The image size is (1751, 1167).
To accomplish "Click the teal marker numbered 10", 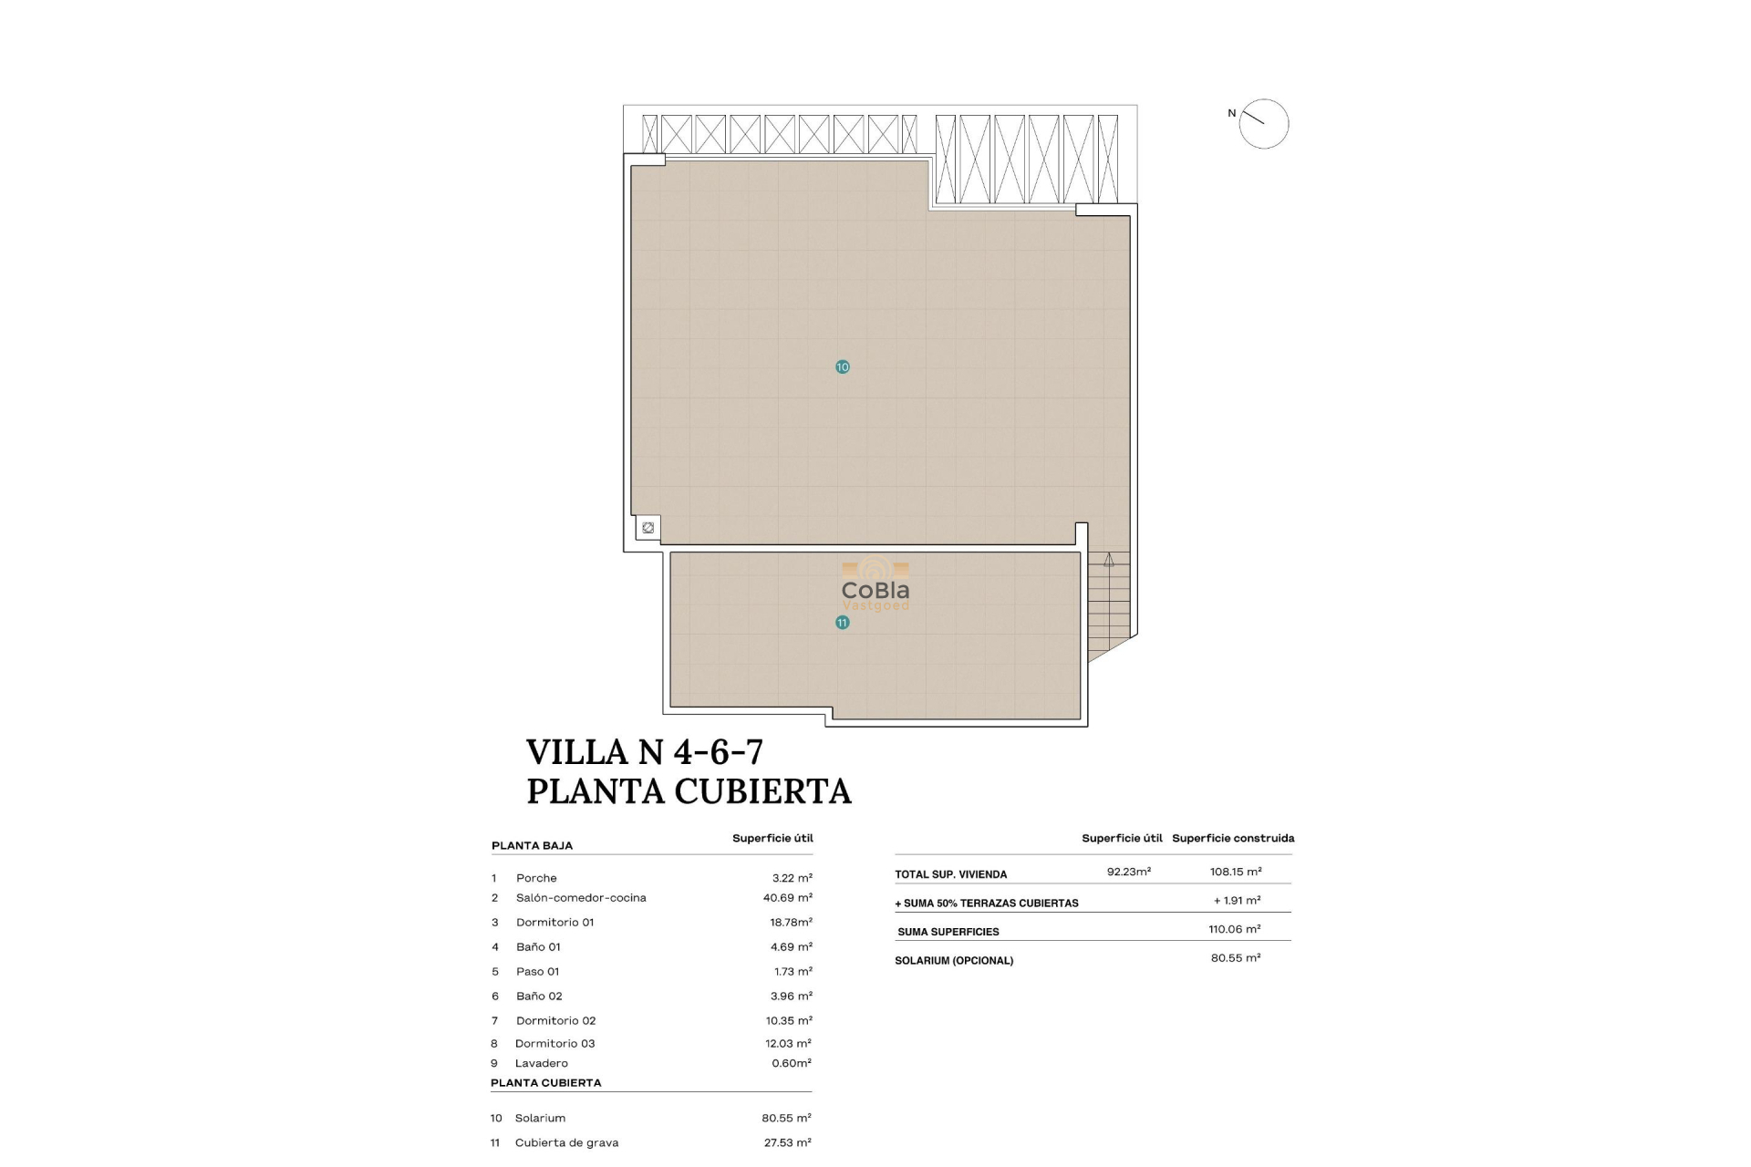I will (x=842, y=367).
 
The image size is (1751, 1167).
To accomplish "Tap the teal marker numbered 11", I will (x=842, y=623).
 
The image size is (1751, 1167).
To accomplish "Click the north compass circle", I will (x=1263, y=124).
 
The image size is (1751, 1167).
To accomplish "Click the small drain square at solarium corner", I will (x=648, y=528).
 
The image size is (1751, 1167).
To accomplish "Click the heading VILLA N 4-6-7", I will (x=644, y=752).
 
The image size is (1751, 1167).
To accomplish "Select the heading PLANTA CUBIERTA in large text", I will (x=689, y=791).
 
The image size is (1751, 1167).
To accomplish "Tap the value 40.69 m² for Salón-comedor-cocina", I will (x=787, y=898).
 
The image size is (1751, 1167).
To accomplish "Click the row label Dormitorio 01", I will (x=554, y=923).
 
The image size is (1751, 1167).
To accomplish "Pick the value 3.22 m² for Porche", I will (x=792, y=878).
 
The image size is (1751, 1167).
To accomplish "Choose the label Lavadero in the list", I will (x=541, y=1063).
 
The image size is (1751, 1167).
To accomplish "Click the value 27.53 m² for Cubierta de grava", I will (x=787, y=1142).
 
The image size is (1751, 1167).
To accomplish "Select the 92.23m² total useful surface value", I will (x=1128, y=872).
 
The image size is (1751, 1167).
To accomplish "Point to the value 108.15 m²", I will (x=1235, y=872).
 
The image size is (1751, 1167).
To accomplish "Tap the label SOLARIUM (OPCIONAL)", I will (x=953, y=961).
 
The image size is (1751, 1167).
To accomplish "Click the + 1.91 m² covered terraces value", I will (x=1237, y=901).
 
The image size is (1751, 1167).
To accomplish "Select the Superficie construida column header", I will (x=1232, y=838).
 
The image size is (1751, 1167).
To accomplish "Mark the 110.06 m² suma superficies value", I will (x=1234, y=929).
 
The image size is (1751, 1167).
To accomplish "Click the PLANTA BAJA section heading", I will (x=532, y=846).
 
